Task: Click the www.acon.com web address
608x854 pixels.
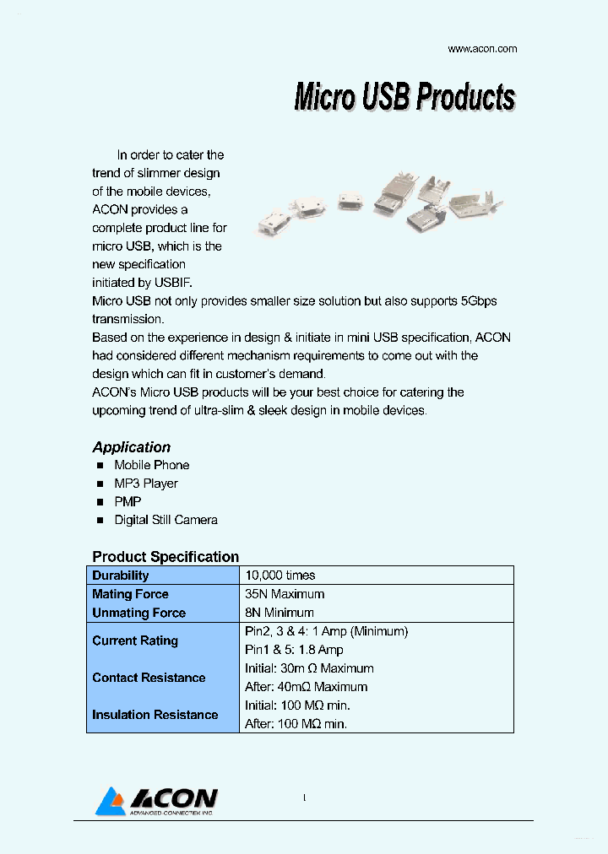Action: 481,49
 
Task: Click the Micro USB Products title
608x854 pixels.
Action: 404,97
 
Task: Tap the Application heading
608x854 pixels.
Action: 131,447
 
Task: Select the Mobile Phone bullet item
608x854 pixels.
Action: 151,465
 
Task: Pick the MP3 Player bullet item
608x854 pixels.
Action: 146,484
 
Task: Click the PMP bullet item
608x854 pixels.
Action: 128,502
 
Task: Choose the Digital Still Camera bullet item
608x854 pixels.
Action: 166,521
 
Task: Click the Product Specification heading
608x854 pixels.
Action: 166,557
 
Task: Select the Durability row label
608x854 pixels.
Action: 120,576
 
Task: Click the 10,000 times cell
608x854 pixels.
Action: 280,576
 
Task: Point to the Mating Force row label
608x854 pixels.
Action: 130,594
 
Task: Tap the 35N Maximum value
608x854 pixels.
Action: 284,594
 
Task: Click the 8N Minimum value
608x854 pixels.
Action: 279,613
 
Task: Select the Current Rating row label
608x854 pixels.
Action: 135,640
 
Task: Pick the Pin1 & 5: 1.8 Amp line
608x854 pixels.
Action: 294,650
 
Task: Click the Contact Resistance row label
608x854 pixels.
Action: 149,678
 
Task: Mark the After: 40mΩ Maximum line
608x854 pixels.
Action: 306,687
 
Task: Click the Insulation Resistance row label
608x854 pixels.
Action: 155,715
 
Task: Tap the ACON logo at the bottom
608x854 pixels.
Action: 158,801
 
